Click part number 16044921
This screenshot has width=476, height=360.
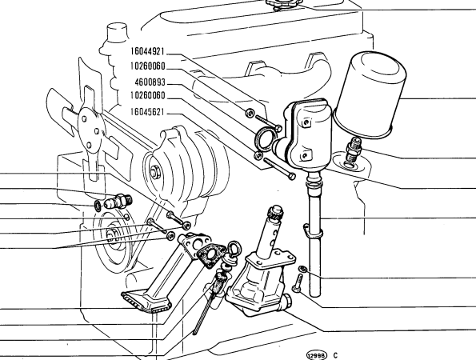point(147,51)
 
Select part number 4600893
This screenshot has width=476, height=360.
point(150,82)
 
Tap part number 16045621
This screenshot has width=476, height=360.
point(147,112)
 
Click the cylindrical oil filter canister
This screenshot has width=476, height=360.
point(370,96)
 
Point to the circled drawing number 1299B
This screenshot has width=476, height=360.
point(317,355)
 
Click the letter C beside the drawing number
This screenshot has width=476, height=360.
point(335,355)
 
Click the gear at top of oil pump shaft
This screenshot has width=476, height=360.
point(274,213)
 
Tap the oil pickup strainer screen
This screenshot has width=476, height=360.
point(146,302)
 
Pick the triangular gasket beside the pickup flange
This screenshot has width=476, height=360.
point(211,254)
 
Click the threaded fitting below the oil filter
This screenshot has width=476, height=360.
point(352,150)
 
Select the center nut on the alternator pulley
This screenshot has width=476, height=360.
point(155,172)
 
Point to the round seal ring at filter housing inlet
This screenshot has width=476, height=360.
point(265,139)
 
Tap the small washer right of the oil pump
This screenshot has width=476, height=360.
point(302,269)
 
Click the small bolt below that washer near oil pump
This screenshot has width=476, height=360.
point(298,283)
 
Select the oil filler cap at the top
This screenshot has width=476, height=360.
point(283,4)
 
